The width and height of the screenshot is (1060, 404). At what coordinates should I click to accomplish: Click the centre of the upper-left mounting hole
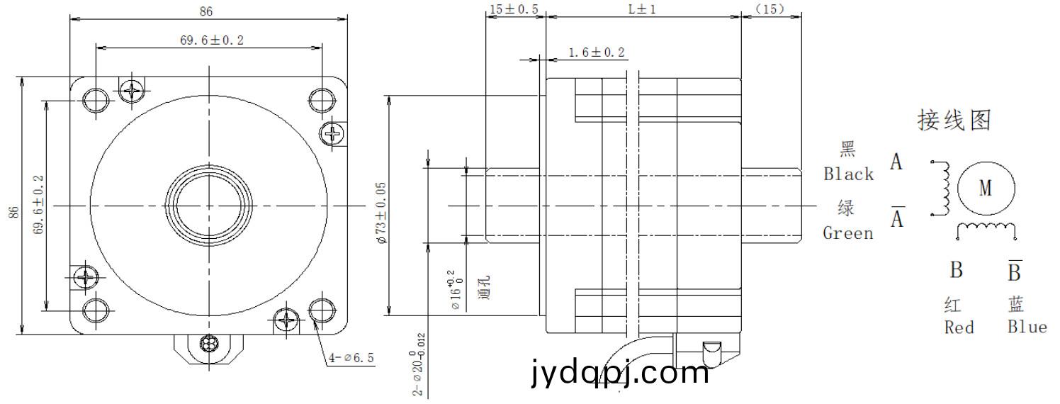96,100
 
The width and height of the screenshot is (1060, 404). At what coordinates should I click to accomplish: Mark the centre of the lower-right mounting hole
322,310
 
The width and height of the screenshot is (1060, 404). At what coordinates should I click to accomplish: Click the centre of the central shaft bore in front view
209,206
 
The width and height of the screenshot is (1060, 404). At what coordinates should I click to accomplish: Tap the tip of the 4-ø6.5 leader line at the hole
314,320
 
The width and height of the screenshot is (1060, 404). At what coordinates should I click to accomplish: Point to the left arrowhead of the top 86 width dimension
74,19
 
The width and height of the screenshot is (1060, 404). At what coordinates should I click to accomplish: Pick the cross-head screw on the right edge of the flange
333,133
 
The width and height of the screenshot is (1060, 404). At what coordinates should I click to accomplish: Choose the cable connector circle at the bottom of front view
209,343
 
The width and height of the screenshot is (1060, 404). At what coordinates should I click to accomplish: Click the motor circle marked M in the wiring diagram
986,188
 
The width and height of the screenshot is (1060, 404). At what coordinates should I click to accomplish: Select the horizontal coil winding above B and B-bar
986,230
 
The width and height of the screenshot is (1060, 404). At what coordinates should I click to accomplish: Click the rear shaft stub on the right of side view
772,206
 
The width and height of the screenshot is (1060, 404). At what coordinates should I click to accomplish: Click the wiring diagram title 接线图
954,120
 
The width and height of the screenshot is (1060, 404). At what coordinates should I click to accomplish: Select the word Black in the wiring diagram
848,174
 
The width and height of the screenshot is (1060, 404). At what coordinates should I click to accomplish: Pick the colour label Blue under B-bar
1027,327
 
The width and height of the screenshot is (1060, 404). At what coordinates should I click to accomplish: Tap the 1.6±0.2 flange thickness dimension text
597,52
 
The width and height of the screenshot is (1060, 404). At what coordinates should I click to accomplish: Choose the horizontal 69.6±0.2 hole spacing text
212,40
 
